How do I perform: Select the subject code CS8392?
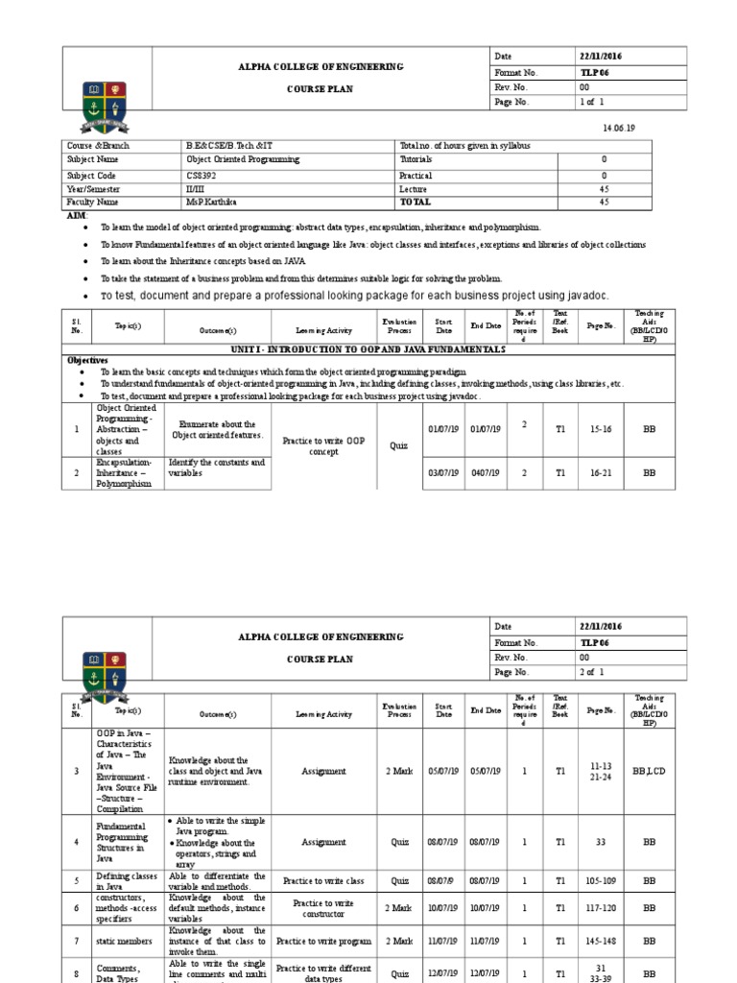203,176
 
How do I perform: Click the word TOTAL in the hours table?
416,203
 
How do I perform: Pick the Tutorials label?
416,159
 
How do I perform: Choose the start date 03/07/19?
443,473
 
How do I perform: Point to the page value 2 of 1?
592,672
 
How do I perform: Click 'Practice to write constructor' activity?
323,908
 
